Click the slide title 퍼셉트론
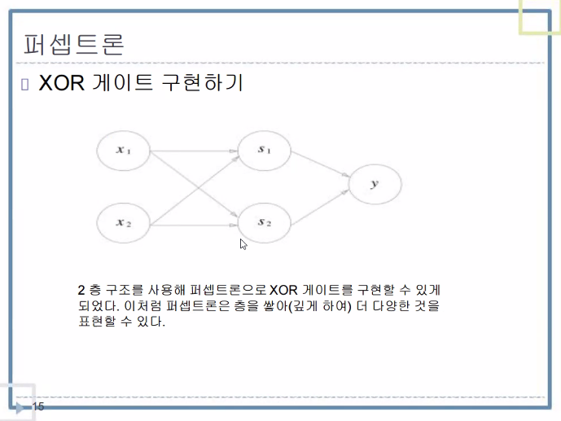click(73, 42)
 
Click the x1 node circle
click(124, 150)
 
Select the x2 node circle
click(124, 222)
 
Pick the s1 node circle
click(264, 150)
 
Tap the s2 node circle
click(264, 221)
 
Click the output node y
click(374, 185)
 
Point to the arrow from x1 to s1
click(194, 150)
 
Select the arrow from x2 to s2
click(194, 222)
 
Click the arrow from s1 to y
click(319, 164)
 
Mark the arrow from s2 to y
click(319, 208)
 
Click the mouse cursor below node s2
click(243, 243)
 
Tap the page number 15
click(38, 406)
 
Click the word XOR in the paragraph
click(284, 290)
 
